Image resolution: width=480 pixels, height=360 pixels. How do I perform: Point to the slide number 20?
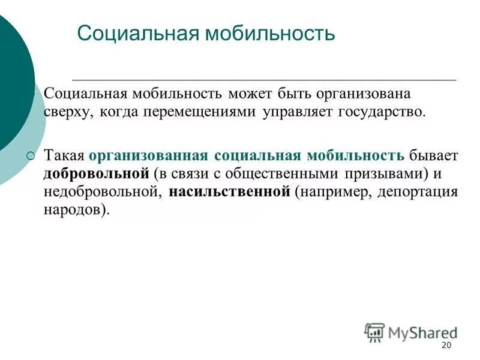click(446, 346)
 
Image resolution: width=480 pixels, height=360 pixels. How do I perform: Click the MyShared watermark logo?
click(410, 332)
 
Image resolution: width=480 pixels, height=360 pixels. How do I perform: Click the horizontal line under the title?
click(264, 79)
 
